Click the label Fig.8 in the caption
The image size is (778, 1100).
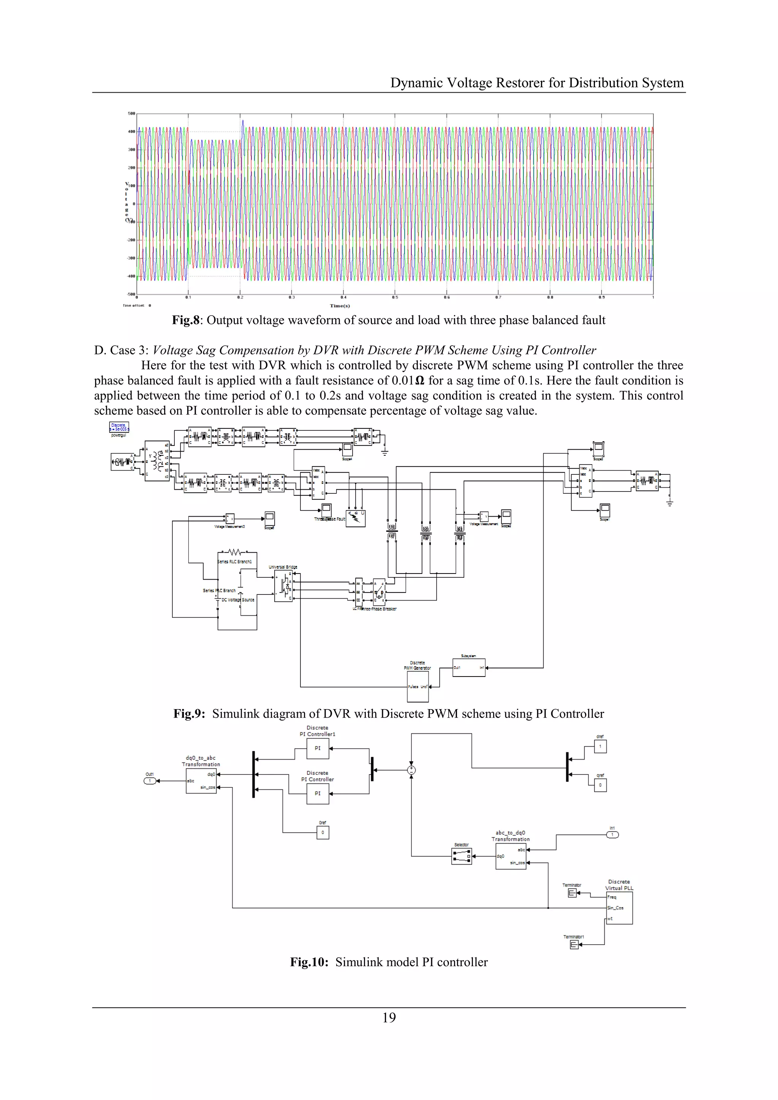coord(185,321)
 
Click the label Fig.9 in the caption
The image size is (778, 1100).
coord(188,714)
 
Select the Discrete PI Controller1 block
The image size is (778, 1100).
coord(318,748)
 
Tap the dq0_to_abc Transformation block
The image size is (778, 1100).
coord(201,781)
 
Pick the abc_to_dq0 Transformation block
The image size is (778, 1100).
coord(511,856)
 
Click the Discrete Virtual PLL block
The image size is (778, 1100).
coord(620,908)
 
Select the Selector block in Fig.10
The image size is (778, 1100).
coord(461,856)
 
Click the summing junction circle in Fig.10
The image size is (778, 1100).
coord(411,770)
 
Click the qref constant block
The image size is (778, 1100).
coord(600,785)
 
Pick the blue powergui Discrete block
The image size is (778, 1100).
coord(119,427)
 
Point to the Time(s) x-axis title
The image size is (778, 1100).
coord(340,306)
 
